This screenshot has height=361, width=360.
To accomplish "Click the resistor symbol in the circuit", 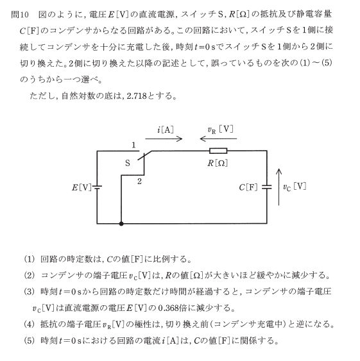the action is (x=218, y=151).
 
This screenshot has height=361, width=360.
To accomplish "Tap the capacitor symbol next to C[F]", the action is (x=267, y=187).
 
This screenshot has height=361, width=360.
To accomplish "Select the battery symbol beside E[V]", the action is (x=97, y=187).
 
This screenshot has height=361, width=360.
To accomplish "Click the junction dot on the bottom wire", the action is (x=121, y=223).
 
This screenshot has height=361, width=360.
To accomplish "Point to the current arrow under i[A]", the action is (x=164, y=139).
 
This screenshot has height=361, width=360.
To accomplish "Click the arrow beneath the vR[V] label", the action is (x=218, y=139).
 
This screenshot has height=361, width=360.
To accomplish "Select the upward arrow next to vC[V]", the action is (x=279, y=187).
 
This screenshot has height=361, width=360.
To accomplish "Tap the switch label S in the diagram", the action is (x=128, y=164).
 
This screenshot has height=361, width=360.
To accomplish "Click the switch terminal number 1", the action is (x=133, y=145).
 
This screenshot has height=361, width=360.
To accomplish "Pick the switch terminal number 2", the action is (x=139, y=181).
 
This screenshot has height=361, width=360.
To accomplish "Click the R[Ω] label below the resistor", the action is (x=218, y=164).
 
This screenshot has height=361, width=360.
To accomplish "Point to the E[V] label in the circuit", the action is (x=81, y=188).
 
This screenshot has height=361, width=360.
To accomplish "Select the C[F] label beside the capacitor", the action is (x=248, y=187).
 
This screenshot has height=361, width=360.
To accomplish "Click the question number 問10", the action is (x=20, y=15).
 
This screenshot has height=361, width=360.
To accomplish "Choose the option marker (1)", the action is (x=30, y=259).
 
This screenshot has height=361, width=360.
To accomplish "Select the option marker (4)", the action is (x=30, y=324).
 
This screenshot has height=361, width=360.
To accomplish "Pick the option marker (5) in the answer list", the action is (x=30, y=340).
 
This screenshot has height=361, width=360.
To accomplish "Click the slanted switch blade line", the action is (x=145, y=155).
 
